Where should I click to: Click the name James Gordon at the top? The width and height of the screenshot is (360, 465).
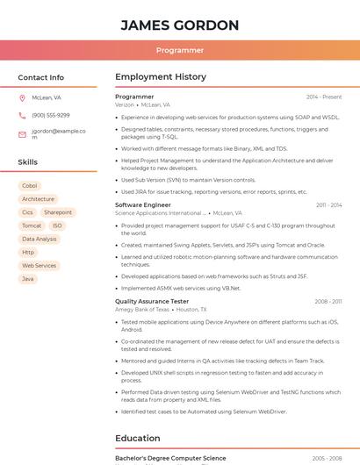pyautogui.click(x=180, y=25)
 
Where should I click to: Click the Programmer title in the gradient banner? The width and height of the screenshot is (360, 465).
pyautogui.click(x=180, y=51)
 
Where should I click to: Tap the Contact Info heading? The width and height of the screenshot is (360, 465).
pyautogui.click(x=40, y=77)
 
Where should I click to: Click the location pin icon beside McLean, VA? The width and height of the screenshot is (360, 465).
pyautogui.click(x=22, y=98)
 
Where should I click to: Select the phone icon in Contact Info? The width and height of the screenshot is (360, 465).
pyautogui.click(x=22, y=116)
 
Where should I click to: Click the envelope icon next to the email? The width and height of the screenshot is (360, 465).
pyautogui.click(x=22, y=134)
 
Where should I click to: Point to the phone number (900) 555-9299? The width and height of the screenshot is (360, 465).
pyautogui.click(x=51, y=116)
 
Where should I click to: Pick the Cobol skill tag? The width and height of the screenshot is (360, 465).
pyautogui.click(x=30, y=186)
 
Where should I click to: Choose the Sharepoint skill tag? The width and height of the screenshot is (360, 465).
pyautogui.click(x=58, y=212)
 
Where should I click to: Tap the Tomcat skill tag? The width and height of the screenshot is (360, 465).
pyautogui.click(x=32, y=225)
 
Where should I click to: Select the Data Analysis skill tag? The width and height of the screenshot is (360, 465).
pyautogui.click(x=40, y=239)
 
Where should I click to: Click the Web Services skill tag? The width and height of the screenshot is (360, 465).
pyautogui.click(x=40, y=265)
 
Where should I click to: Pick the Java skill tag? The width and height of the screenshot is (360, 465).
pyautogui.click(x=28, y=279)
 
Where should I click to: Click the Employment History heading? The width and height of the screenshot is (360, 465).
pyautogui.click(x=161, y=77)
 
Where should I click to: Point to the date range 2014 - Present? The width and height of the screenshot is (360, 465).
pyautogui.click(x=324, y=97)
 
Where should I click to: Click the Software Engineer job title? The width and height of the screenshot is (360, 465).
pyautogui.click(x=143, y=205)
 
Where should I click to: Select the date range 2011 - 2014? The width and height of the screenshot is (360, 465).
pyautogui.click(x=329, y=205)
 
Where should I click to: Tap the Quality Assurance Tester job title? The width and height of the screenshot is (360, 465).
pyautogui.click(x=152, y=302)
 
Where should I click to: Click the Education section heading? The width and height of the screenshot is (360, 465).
pyautogui.click(x=138, y=439)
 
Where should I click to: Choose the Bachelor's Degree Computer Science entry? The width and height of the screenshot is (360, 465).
pyautogui.click(x=170, y=459)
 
